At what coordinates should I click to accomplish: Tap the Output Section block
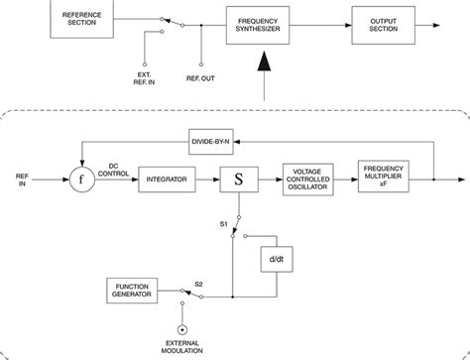(383, 21)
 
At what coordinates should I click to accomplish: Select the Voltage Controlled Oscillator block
(311, 180)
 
